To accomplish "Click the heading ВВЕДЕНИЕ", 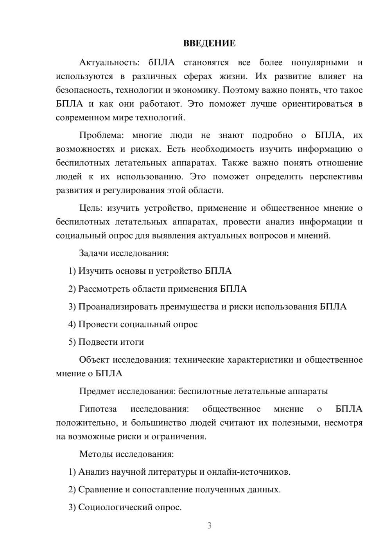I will coord(209,43).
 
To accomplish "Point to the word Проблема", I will coord(101,135).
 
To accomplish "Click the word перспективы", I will coord(336,176).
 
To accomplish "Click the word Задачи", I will coord(93,253).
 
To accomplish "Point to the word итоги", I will coord(132,342).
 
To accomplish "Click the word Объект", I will coord(94,360).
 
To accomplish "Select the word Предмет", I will coord(97,391).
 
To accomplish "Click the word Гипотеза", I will coord(98,409).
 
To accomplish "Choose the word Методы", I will coord(95,454).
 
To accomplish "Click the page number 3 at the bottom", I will coord(209,525).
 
